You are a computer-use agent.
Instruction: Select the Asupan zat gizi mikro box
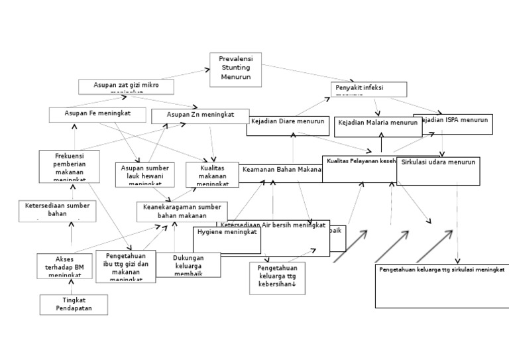click(126, 87)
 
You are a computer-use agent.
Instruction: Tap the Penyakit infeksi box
click(368, 89)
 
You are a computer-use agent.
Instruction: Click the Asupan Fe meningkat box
click(97, 115)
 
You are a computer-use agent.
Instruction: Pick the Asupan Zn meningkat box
click(200, 116)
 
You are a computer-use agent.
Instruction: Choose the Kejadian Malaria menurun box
click(378, 126)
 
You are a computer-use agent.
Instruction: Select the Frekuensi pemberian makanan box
click(69, 166)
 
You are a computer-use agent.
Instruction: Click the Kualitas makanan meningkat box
click(211, 175)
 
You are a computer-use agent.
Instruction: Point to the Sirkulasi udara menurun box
click(438, 170)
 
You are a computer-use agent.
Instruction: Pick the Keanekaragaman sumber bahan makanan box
click(182, 211)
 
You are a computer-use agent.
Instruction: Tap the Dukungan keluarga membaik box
click(188, 264)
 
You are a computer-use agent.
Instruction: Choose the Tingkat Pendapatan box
click(74, 304)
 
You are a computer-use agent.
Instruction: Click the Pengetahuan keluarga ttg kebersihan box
click(276, 278)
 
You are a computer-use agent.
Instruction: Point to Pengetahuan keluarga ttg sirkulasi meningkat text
click(442, 270)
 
